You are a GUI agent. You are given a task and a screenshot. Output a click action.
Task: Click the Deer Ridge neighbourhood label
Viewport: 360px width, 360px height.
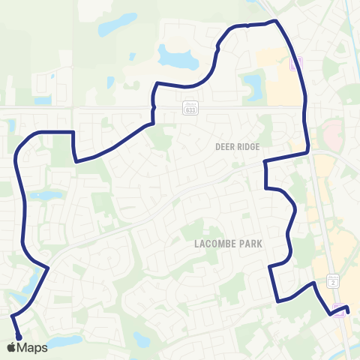tap(238, 147)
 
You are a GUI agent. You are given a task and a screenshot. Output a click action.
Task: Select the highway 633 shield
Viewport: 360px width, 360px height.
tap(191, 109)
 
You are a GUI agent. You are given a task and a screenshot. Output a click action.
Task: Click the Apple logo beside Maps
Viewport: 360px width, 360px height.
tap(12, 347)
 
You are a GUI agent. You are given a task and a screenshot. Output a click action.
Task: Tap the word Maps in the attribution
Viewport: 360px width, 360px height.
tap(34, 347)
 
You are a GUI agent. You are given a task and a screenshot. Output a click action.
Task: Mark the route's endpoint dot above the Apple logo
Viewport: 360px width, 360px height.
tap(17, 336)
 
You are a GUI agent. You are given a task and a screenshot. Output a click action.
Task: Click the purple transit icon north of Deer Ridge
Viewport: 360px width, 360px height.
tap(295, 64)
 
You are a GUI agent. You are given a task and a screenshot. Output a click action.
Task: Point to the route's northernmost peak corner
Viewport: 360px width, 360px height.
tap(276, 21)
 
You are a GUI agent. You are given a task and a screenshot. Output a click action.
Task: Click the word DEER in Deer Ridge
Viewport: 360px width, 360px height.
tap(226, 147)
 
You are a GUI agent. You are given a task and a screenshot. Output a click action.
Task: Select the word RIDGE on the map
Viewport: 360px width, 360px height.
tap(249, 147)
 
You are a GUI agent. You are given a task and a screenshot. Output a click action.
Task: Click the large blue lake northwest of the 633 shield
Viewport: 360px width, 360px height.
tap(175, 56)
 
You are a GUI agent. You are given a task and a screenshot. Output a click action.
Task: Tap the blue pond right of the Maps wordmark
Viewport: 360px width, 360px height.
tap(65, 341)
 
